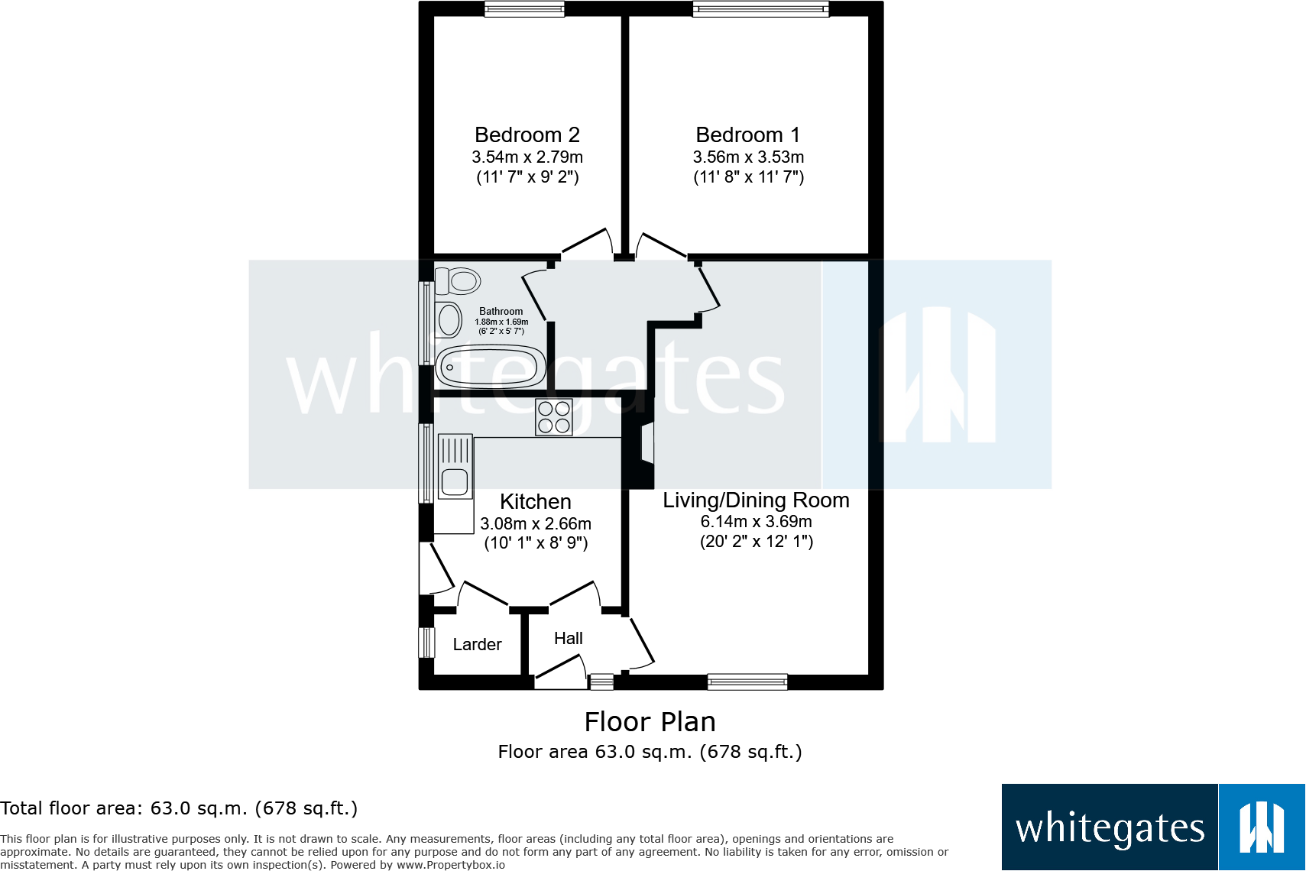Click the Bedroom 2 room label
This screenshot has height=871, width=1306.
pyautogui.click(x=527, y=135)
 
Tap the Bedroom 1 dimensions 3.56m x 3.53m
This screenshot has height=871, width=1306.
pyautogui.click(x=748, y=157)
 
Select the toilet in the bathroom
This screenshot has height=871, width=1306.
pyautogui.click(x=458, y=280)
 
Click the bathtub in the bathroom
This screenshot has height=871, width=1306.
pyautogui.click(x=490, y=367)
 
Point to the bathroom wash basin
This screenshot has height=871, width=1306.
pyautogui.click(x=449, y=320)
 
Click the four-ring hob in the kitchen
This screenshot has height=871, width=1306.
pyautogui.click(x=554, y=417)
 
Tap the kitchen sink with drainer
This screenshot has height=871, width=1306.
pyautogui.click(x=455, y=467)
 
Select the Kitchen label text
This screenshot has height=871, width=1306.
pyautogui.click(x=535, y=502)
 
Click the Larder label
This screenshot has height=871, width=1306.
pyautogui.click(x=477, y=645)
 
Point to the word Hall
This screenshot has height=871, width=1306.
pyautogui.click(x=568, y=639)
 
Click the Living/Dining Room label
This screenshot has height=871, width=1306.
pyautogui.click(x=756, y=500)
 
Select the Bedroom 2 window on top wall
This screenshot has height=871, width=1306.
pyautogui.click(x=524, y=9)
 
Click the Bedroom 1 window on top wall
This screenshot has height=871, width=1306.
pyautogui.click(x=760, y=9)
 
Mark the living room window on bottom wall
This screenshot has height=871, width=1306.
pyautogui.click(x=747, y=682)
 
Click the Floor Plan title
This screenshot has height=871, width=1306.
pyautogui.click(x=650, y=722)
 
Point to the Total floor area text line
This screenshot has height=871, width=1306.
pyautogui.click(x=179, y=808)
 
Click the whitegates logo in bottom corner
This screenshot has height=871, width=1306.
pyautogui.click(x=1152, y=827)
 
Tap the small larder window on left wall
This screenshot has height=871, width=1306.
pyautogui.click(x=426, y=643)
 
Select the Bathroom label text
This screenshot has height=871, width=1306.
pyautogui.click(x=501, y=312)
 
